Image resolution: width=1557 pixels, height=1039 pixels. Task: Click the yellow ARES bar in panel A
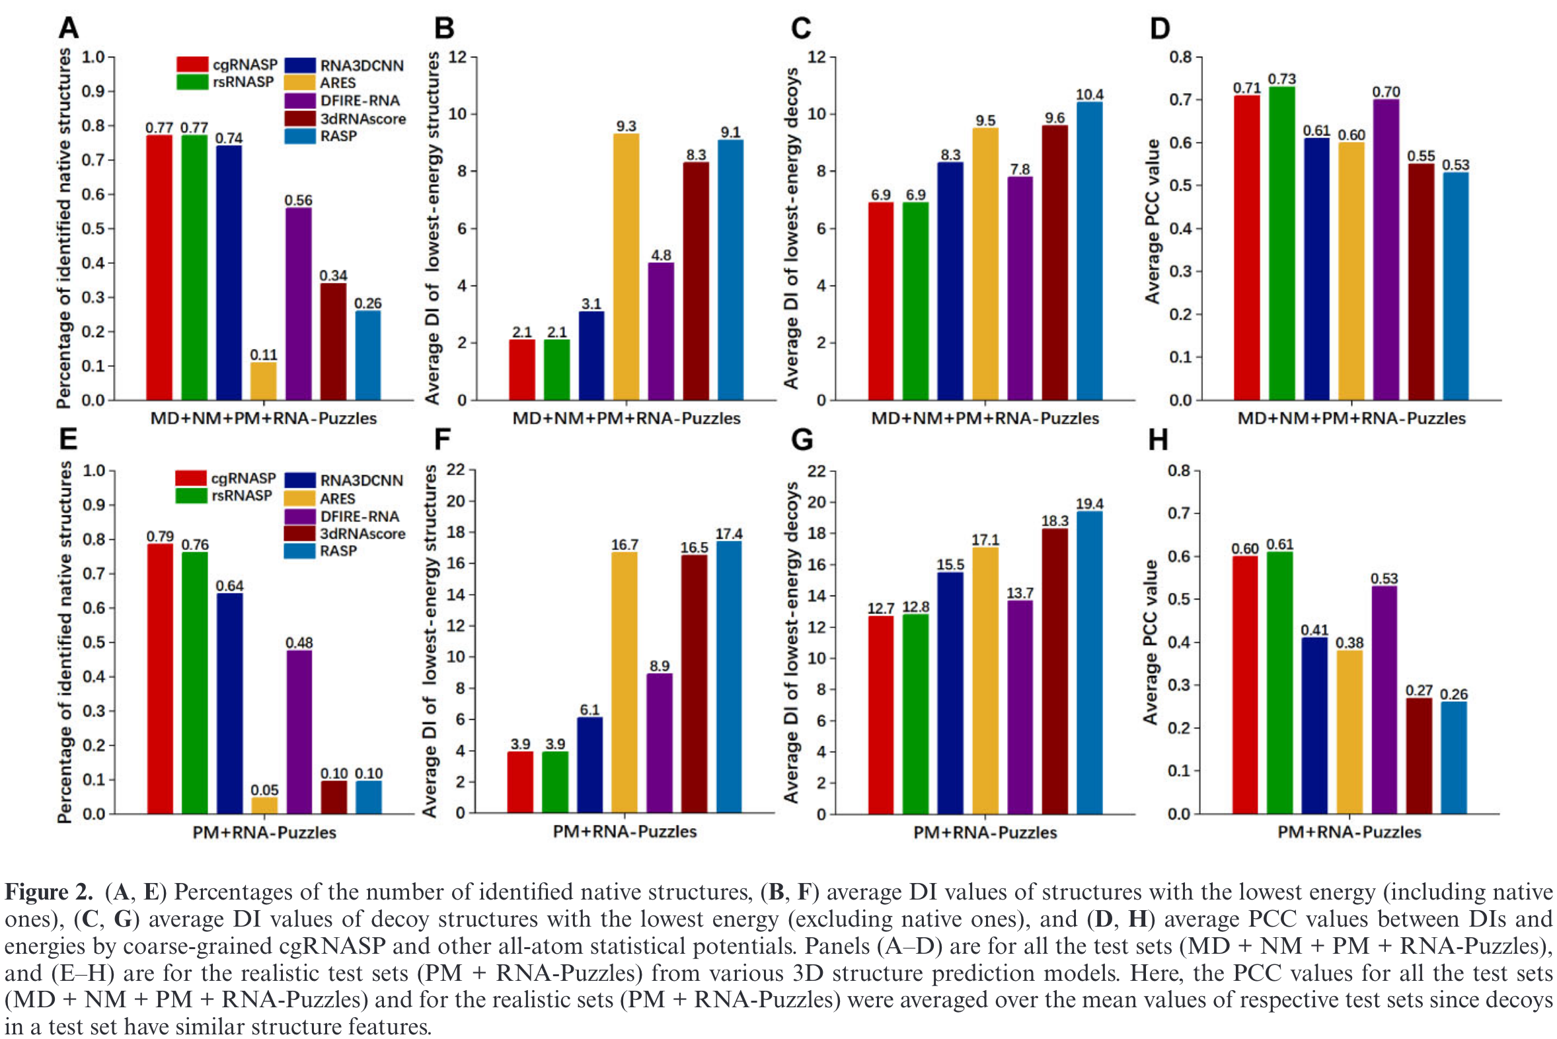[263, 381]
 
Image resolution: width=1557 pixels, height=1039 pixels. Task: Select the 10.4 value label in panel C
[1089, 94]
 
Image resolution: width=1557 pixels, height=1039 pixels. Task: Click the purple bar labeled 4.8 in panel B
[661, 331]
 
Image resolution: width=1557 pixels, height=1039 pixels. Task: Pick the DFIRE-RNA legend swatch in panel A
[299, 100]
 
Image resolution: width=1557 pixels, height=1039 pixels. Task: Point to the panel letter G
[802, 440]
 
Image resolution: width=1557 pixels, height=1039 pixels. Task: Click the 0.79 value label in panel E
[160, 535]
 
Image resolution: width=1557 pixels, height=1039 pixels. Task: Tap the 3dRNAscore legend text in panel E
[362, 533]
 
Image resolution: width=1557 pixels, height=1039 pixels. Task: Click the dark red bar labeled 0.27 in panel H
[1418, 755]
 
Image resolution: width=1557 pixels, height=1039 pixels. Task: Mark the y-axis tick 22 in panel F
[457, 471]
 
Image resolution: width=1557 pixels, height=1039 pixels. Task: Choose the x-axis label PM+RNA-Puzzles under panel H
[1349, 831]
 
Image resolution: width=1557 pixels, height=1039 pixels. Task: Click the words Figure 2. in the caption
[48, 892]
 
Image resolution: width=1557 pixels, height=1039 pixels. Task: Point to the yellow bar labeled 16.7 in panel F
[624, 683]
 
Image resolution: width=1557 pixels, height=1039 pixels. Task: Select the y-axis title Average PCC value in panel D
[1152, 222]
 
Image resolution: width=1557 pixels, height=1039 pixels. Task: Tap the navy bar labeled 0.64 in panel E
[229, 703]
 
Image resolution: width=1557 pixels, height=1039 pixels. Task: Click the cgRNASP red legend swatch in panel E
[191, 478]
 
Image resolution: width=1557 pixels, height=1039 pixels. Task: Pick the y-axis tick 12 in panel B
[458, 57]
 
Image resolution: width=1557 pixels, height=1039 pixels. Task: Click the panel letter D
[1159, 28]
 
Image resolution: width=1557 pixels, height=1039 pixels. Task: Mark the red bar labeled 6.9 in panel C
[880, 301]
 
